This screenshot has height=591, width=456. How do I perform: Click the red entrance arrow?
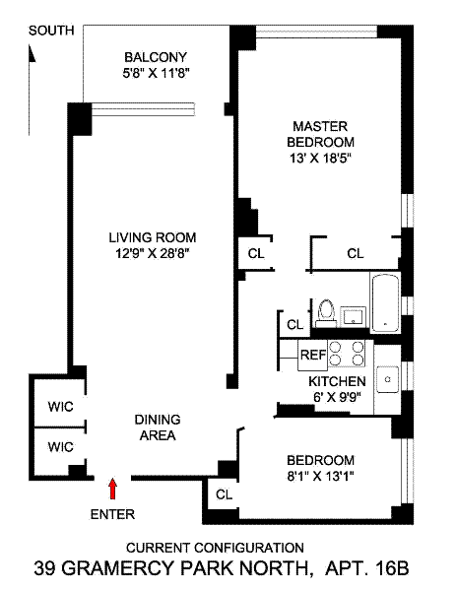(x=112, y=489)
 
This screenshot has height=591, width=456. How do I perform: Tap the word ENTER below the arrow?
(x=112, y=514)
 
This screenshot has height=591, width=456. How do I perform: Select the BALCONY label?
(x=156, y=57)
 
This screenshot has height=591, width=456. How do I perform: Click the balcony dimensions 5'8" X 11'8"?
(x=156, y=73)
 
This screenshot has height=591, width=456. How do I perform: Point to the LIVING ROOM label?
(x=153, y=237)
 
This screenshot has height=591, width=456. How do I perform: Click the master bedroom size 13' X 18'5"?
(x=320, y=158)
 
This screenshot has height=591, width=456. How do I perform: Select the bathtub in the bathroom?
(x=385, y=302)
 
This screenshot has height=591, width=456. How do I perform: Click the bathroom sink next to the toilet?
(x=354, y=316)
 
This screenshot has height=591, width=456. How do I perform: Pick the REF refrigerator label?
(x=313, y=355)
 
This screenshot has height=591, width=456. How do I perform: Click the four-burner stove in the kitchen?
(x=347, y=354)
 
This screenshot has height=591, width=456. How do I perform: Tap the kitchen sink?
(x=388, y=379)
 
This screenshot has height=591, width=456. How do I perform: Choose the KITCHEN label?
(x=337, y=381)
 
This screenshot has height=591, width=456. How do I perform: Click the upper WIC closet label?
(x=60, y=407)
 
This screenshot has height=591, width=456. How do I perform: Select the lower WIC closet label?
(x=60, y=447)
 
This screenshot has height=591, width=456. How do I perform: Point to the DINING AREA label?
(x=158, y=427)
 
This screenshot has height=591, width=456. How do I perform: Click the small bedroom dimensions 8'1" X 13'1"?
(x=321, y=476)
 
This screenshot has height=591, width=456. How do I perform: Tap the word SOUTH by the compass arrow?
(x=51, y=31)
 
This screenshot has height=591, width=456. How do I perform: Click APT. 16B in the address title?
(x=366, y=568)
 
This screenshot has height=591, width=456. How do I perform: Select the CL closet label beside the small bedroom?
(x=225, y=494)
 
